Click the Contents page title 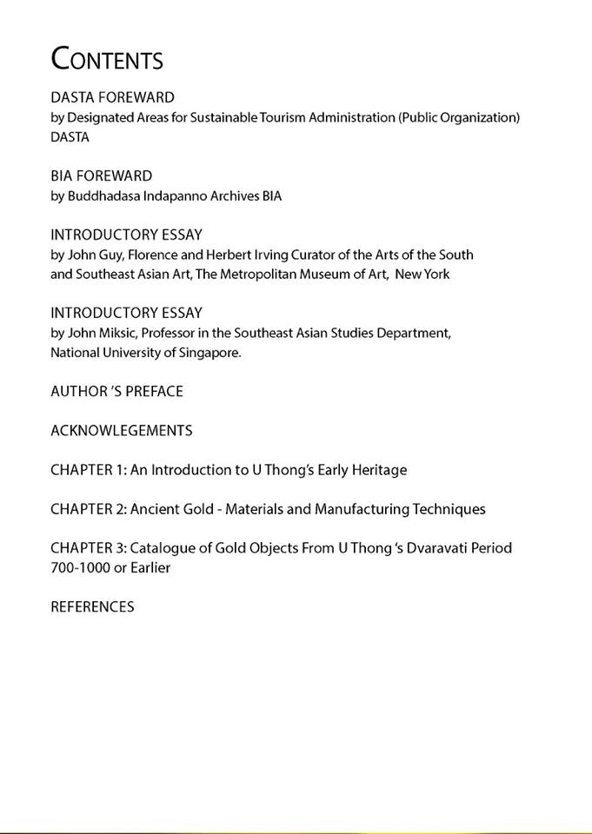pyautogui.click(x=107, y=59)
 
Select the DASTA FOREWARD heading pyautogui.click(x=112, y=97)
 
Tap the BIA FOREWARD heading pyautogui.click(x=101, y=176)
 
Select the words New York pyautogui.click(x=422, y=275)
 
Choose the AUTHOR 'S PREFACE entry pyautogui.click(x=116, y=392)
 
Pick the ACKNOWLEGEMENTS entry pyautogui.click(x=121, y=431)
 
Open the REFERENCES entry pyautogui.click(x=92, y=607)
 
